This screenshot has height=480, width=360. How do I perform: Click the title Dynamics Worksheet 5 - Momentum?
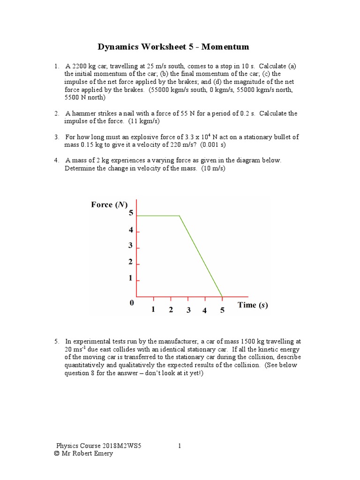(173, 47)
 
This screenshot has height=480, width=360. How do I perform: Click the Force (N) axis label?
(108, 204)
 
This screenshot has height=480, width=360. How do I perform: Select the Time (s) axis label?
(253, 305)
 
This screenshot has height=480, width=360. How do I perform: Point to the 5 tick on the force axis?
(131, 213)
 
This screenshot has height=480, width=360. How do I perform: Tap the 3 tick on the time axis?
(188, 310)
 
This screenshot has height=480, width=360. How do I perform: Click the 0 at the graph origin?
(132, 303)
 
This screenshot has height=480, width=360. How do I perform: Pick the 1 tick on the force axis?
(131, 278)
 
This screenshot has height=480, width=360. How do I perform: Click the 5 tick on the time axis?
(222, 310)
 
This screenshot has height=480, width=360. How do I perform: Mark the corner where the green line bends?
(180, 216)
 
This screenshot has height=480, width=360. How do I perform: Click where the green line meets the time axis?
(222, 296)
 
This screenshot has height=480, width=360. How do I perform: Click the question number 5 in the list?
(56, 341)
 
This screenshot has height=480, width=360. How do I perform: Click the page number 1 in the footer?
(180, 446)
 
